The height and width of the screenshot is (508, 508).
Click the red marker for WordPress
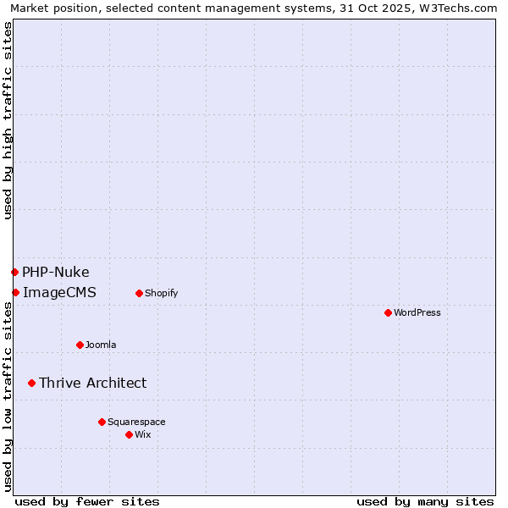click(x=388, y=312)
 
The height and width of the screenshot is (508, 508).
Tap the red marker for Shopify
click(x=139, y=293)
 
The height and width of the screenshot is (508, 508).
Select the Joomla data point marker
click(x=80, y=345)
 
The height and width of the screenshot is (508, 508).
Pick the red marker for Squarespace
click(x=102, y=422)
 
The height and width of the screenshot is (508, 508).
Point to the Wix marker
click(x=129, y=434)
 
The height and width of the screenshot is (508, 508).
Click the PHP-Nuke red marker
click(x=14, y=272)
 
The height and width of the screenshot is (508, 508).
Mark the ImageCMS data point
click(x=15, y=292)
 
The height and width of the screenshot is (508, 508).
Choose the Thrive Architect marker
click(x=31, y=383)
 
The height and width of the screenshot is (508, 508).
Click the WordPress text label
click(x=417, y=312)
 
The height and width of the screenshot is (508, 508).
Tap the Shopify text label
click(x=161, y=293)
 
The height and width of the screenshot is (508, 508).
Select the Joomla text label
click(x=101, y=345)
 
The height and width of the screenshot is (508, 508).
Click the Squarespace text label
click(x=136, y=422)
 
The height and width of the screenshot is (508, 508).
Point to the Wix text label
click(x=142, y=434)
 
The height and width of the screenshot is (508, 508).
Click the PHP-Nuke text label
click(x=56, y=272)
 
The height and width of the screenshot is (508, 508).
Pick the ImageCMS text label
click(x=59, y=292)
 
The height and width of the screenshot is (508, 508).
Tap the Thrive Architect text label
click(x=92, y=383)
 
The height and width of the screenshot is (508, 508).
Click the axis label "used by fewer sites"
click(x=87, y=501)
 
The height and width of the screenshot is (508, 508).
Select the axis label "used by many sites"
click(x=425, y=501)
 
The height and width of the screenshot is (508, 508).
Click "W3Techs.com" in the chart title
click(x=459, y=8)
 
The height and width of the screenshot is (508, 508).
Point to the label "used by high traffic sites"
click(x=8, y=120)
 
